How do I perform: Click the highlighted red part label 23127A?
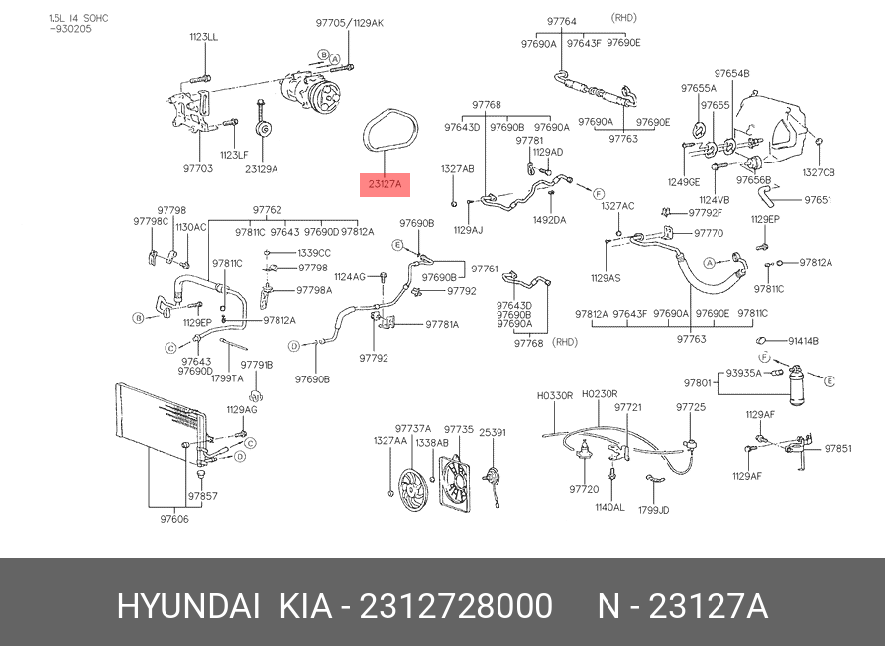coord(385,183)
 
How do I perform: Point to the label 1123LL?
coord(204,37)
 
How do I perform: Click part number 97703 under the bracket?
coord(198,168)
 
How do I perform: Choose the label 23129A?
coord(262,168)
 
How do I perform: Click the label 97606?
coord(173,518)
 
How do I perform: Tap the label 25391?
coord(493,432)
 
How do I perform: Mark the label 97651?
coord(818,200)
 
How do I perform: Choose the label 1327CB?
coord(819,172)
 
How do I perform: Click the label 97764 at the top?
coord(561,21)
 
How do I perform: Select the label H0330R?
coord(555,395)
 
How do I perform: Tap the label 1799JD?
coord(654,510)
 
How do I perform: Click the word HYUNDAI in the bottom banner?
coord(188,606)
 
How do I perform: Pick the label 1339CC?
coord(313,253)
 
